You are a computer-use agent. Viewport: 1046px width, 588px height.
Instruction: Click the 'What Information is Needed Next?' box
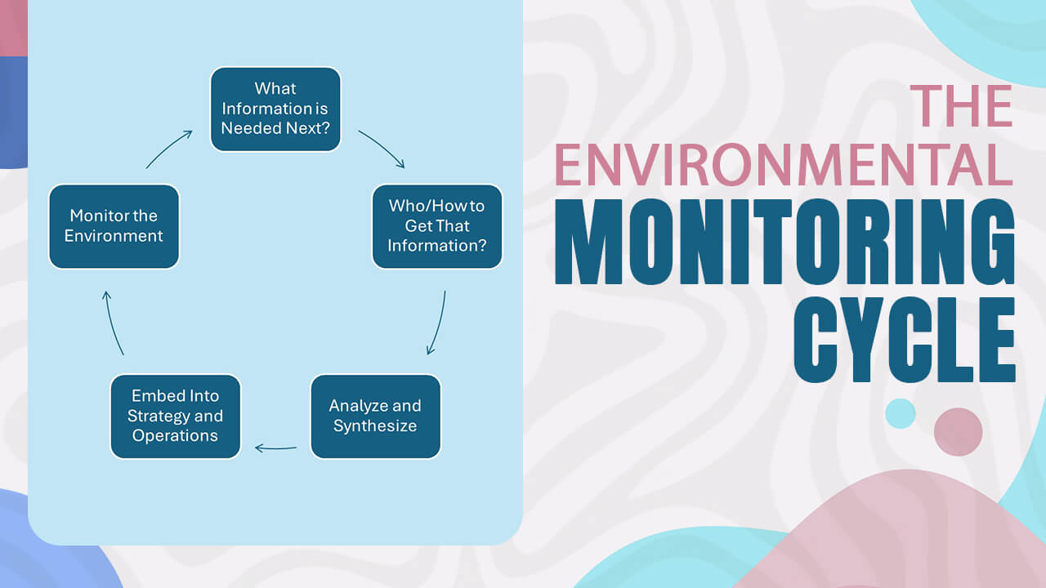tap(275, 109)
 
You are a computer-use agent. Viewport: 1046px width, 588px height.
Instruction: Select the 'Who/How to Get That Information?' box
tap(436, 226)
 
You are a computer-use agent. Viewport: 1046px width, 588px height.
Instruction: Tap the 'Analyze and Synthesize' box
tap(375, 416)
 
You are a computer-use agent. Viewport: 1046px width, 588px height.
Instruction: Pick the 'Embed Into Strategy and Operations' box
tap(175, 416)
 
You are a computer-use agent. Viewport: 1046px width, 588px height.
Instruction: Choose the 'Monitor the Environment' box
tap(114, 226)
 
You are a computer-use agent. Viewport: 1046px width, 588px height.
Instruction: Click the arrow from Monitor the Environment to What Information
tap(168, 149)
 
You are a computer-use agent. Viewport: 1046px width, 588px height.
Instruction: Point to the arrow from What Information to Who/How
tap(382, 149)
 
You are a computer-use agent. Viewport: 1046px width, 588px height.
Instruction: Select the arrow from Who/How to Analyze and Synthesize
tap(438, 323)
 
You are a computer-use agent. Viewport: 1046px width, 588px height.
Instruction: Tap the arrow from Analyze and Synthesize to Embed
tap(275, 448)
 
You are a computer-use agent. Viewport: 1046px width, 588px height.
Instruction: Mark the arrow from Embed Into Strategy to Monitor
tap(113, 323)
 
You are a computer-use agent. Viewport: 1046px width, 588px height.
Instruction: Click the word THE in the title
tap(962, 106)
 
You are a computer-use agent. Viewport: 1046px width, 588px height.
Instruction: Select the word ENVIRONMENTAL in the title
tap(784, 166)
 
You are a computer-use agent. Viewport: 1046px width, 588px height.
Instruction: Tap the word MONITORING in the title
tap(785, 242)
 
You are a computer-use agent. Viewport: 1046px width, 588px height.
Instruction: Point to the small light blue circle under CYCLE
tap(900, 413)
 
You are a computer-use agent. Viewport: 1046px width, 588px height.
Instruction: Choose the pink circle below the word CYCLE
tap(958, 432)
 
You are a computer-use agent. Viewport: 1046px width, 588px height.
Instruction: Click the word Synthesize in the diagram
tap(375, 425)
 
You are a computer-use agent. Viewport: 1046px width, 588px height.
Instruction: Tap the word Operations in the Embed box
tap(175, 435)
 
